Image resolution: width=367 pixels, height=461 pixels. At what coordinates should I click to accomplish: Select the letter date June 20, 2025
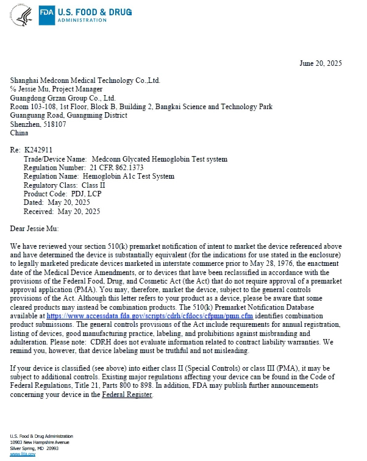tap(321, 63)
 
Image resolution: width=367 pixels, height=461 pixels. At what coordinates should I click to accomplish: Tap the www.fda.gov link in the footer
tap(19, 454)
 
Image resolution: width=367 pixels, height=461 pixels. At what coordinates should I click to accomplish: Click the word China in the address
tap(20, 132)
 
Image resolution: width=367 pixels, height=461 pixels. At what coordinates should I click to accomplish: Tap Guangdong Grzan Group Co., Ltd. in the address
tap(63, 98)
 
